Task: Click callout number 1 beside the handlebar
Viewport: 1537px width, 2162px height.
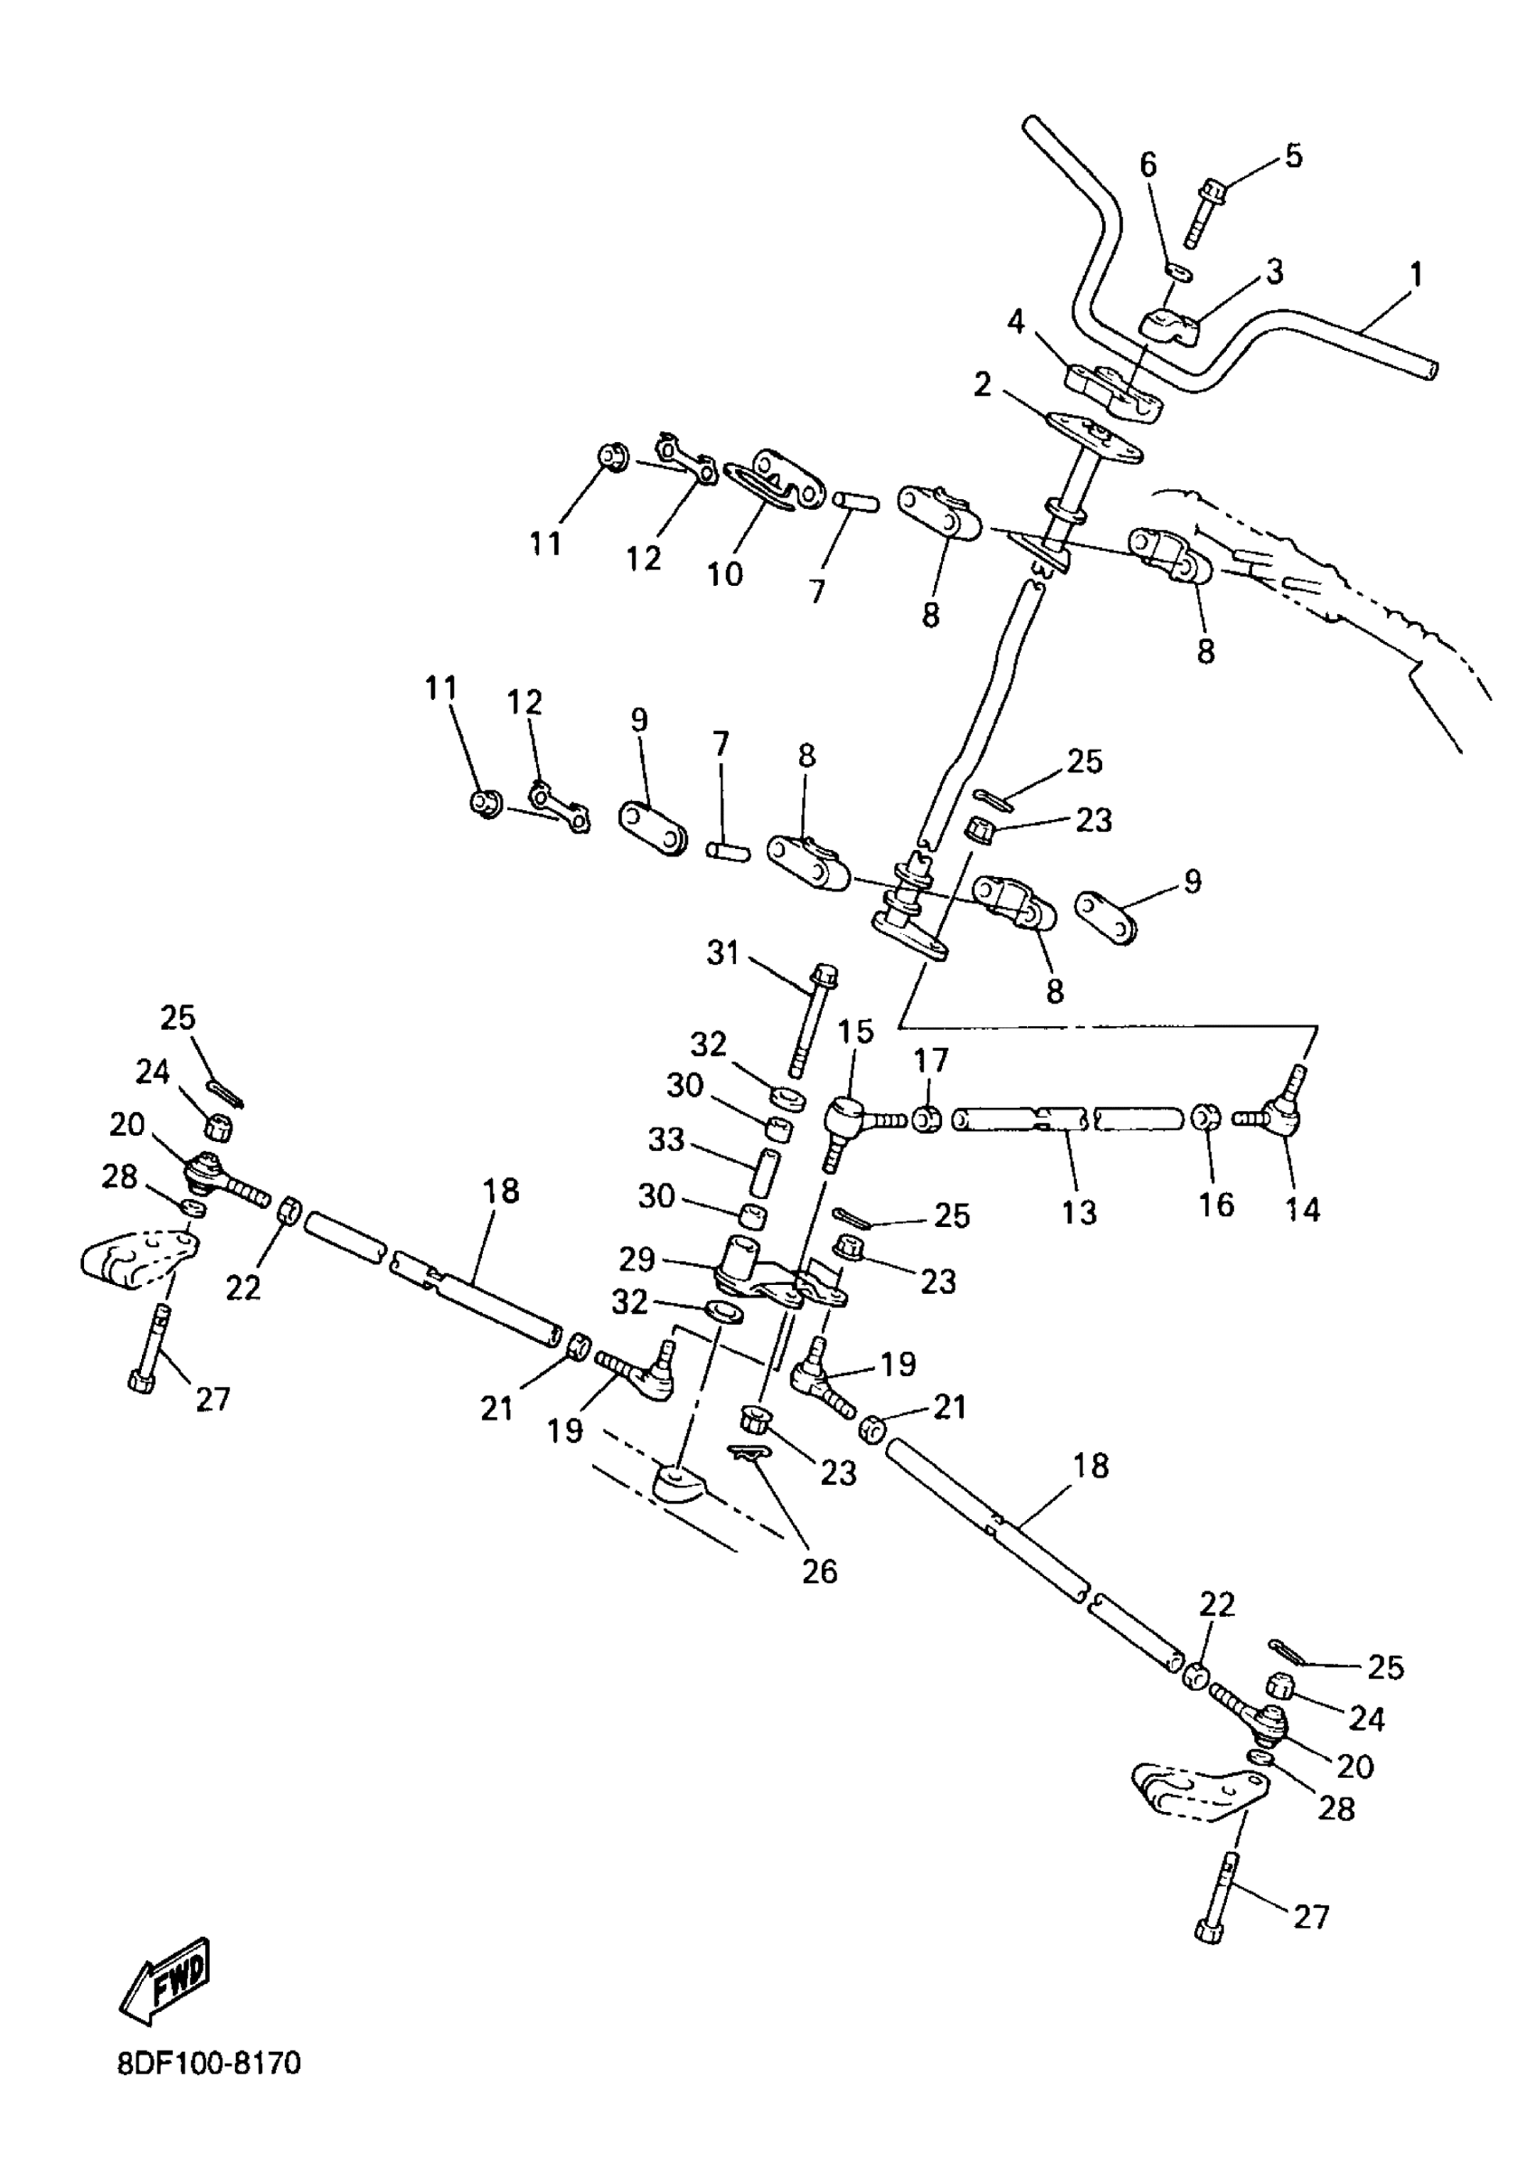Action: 1415,276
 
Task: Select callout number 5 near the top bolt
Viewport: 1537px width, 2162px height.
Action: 1293,156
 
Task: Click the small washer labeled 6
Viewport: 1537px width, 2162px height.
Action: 1179,271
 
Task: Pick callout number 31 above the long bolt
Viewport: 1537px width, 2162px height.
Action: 723,953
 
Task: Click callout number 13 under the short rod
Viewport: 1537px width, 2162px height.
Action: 1078,1212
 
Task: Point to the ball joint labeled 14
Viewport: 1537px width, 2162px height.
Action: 1277,1115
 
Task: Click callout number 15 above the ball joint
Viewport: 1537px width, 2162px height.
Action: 855,1032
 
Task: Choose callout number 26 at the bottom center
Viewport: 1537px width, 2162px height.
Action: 820,1572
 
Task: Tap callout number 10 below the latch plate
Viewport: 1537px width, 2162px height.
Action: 725,573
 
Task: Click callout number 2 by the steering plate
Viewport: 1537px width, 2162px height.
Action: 983,385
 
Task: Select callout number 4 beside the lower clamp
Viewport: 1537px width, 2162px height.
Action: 1015,322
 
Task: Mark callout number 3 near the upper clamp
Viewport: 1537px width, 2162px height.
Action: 1274,271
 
